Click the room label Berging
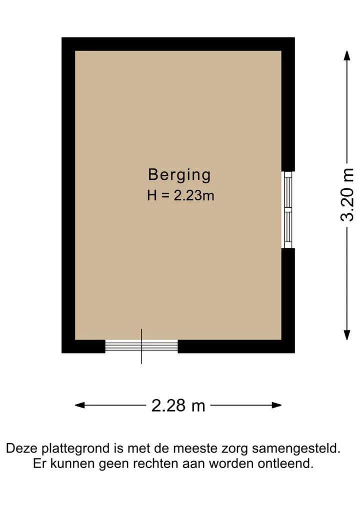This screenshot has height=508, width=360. coord(179,175)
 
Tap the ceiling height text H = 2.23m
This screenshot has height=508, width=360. coord(180,196)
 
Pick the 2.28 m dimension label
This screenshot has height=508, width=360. coord(178,405)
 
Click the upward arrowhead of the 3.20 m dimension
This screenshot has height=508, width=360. coord(347,55)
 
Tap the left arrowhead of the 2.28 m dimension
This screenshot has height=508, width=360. coord(80,405)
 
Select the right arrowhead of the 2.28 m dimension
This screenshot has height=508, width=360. coord(276,405)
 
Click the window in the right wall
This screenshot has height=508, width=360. coord(288,210)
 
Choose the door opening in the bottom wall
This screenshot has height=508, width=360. coord(141,346)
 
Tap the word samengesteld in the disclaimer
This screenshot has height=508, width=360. coord(296,449)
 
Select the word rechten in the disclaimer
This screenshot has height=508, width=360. coord(156,464)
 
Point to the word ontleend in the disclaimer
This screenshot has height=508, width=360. coord(285,464)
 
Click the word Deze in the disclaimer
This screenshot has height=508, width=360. coord(22,449)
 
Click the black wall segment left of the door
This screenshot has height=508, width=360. coord(83,346)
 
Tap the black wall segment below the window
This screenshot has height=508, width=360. coord(288,300)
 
